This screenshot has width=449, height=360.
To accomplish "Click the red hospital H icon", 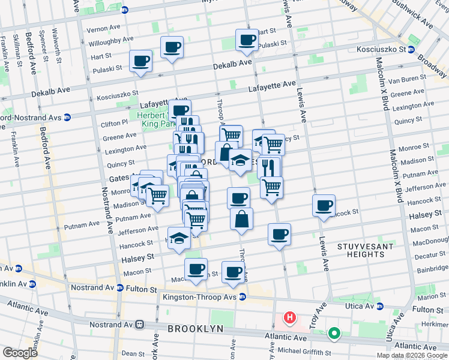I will pos(290,317).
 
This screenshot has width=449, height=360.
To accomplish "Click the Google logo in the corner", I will pos(20,353).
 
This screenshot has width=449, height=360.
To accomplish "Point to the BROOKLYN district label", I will pos(195,329).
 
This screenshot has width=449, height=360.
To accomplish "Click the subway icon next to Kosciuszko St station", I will pos(411,50).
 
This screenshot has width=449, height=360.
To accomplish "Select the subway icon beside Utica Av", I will pos(379,307).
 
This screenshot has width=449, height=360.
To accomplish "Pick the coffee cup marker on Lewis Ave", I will pos(324,205).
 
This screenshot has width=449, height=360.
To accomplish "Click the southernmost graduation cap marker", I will pos(178,238).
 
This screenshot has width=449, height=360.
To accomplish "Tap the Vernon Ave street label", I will pos(104,29).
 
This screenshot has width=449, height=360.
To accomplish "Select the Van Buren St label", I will pos(425,79).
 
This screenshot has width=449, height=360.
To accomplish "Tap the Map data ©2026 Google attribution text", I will pos(411,355).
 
